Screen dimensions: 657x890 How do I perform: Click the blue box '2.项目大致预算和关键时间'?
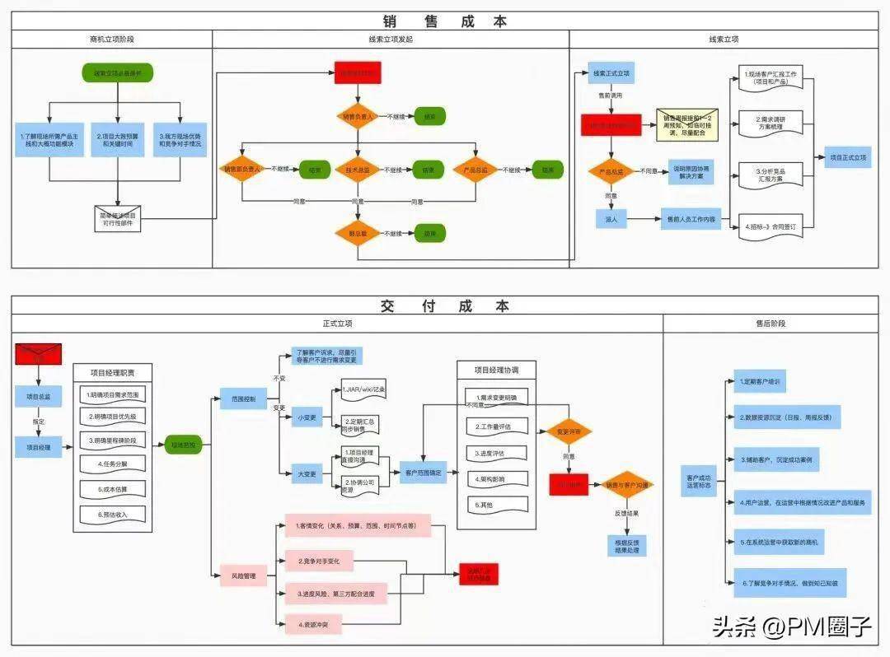pos(117,139)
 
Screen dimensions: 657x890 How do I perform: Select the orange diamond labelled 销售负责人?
pos(356,117)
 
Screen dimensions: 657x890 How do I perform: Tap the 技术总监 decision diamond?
pos(356,170)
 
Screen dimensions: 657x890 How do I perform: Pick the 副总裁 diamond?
pos(356,233)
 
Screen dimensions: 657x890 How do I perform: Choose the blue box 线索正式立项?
pos(611,74)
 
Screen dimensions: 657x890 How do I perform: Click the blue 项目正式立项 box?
pos(848,157)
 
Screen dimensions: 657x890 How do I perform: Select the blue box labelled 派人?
pos(611,220)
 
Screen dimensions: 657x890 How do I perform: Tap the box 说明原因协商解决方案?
pos(691,171)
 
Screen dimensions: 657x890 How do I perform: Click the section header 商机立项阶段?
pos(112,39)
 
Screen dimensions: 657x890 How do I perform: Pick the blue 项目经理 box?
pos(39,448)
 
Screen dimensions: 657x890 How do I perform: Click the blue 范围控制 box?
pos(243,398)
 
